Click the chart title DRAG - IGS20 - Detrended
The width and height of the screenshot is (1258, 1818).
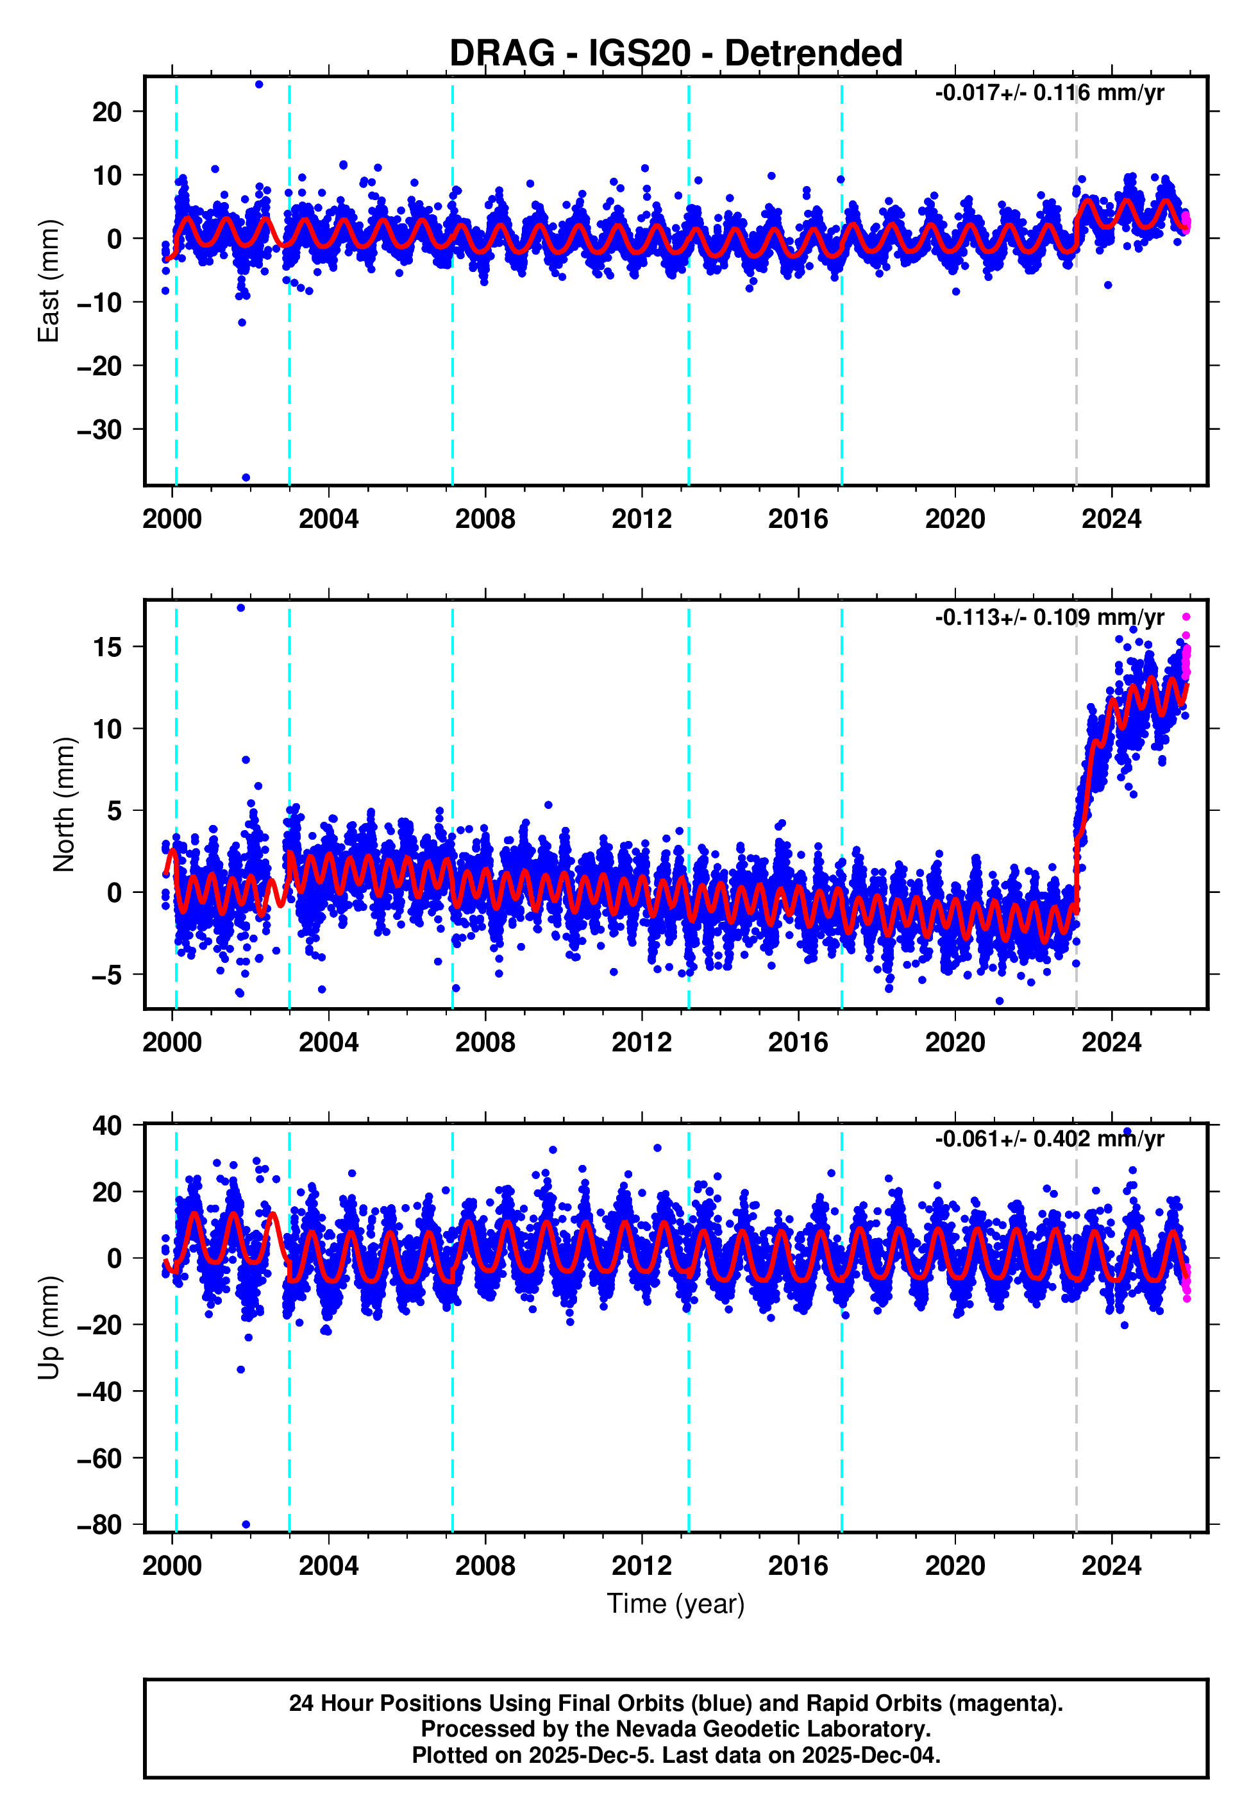click(x=676, y=54)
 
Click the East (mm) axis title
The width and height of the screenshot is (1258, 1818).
click(x=49, y=282)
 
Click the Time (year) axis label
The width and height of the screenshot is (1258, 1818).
click(x=676, y=1604)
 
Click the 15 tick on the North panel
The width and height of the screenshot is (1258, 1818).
click(x=107, y=647)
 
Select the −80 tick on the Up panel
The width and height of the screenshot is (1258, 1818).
click(x=99, y=1525)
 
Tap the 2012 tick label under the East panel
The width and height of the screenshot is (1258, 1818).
click(x=642, y=519)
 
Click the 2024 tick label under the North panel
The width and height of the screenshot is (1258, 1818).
click(x=1111, y=1042)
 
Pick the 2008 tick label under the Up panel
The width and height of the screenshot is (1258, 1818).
click(x=485, y=1566)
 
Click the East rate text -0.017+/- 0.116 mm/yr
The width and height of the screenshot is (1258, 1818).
click(x=1049, y=93)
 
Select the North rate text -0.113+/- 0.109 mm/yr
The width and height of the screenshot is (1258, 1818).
click(x=1049, y=617)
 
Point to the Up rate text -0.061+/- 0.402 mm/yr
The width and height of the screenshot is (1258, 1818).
click(x=1049, y=1139)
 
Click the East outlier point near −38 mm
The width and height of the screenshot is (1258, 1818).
click(x=246, y=478)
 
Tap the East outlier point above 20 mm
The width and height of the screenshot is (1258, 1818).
click(x=259, y=84)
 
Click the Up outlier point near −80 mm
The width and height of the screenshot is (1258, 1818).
click(x=246, y=1524)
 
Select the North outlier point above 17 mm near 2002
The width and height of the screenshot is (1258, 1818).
click(x=241, y=608)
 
